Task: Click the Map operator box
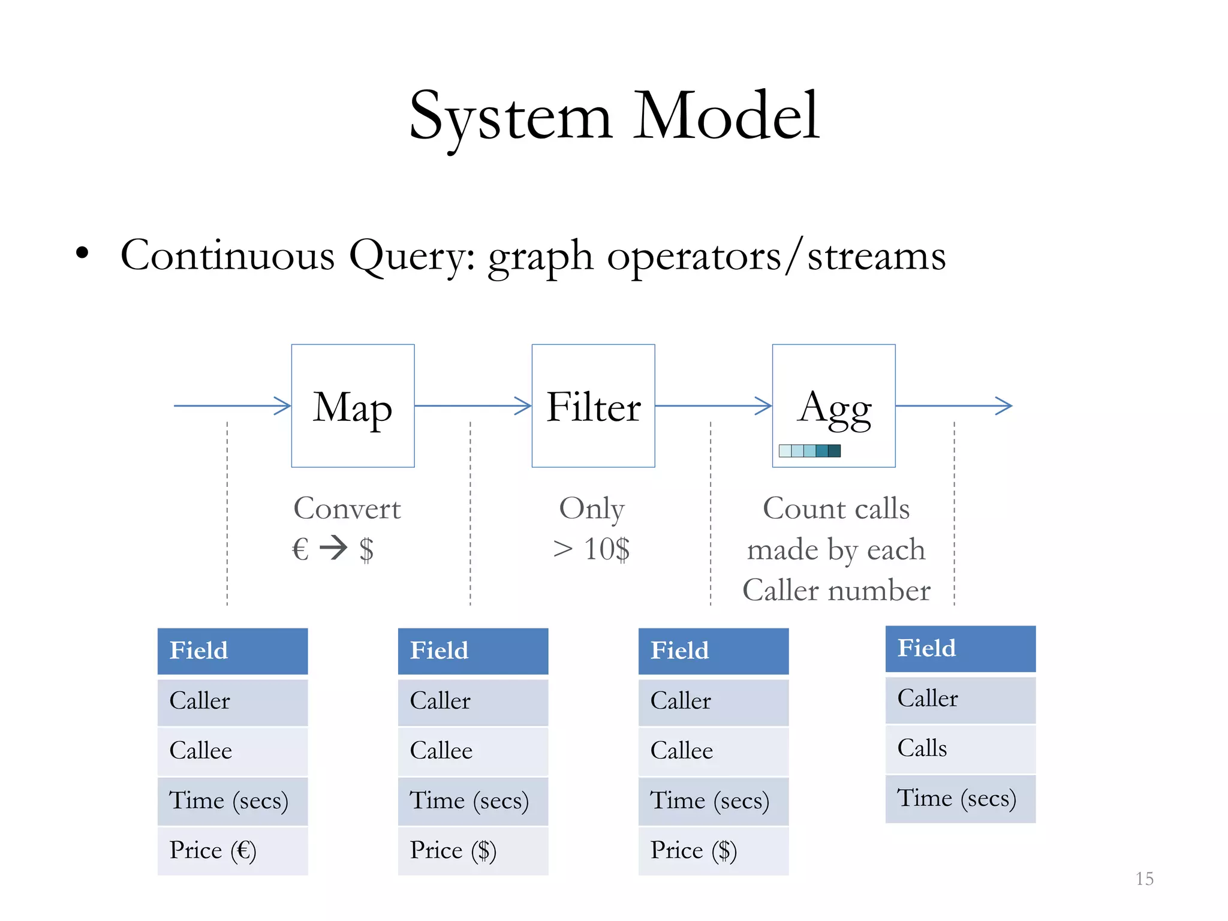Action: tap(353, 406)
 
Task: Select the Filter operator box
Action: tap(593, 406)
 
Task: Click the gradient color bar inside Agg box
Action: tap(809, 451)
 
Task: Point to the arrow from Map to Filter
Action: tap(472, 406)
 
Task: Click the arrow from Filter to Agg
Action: tap(713, 406)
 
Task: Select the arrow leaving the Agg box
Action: tap(953, 406)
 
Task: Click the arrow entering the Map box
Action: tap(232, 406)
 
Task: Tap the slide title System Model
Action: tap(614, 116)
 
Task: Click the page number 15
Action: tap(1144, 879)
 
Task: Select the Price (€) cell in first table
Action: tap(233, 850)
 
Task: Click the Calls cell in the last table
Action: tap(960, 748)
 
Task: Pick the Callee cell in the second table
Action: tap(473, 751)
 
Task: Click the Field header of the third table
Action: tap(714, 651)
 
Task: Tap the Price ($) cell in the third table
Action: tap(714, 850)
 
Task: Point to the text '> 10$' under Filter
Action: tap(591, 549)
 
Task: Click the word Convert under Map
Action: tap(347, 508)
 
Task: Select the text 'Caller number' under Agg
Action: tap(836, 591)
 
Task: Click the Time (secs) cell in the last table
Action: tap(960, 799)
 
